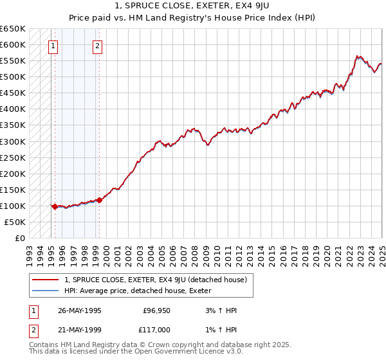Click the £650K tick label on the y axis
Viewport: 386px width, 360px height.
(x=13, y=29)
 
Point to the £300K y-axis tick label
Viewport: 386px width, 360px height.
(x=13, y=141)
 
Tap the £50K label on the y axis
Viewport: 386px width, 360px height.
(x=15, y=222)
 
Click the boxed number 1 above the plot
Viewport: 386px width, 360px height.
(x=52, y=46)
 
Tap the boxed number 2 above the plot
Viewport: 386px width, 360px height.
(x=96, y=46)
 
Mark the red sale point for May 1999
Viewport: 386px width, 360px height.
(x=99, y=200)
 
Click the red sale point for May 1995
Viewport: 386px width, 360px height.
(x=55, y=206)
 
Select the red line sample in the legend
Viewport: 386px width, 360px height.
(x=45, y=280)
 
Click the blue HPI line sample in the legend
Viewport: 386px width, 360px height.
(x=45, y=291)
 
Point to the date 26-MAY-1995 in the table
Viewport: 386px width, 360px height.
(x=80, y=310)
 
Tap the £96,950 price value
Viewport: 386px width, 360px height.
(x=155, y=310)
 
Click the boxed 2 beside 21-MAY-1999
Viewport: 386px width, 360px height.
(x=32, y=329)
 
